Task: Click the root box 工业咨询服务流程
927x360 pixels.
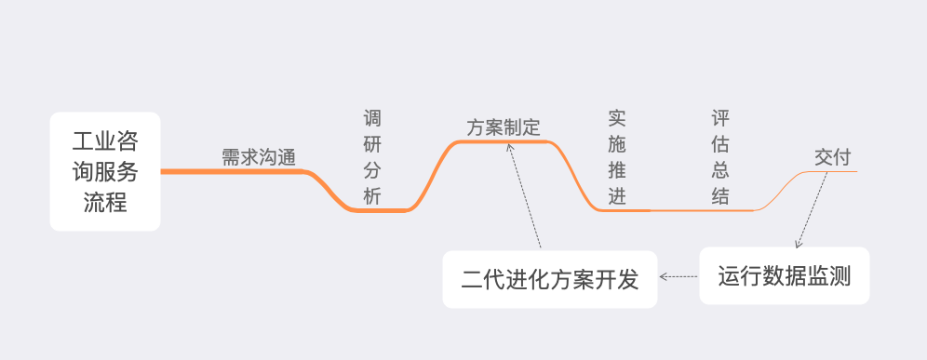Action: coord(105,171)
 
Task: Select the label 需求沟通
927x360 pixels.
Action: coord(258,157)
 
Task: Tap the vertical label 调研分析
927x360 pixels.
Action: coord(372,157)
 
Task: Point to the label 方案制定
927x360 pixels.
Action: coord(504,127)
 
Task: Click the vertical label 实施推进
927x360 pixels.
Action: coord(616,157)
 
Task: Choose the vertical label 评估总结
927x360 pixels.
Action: coord(719,157)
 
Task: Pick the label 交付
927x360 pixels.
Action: coord(832,157)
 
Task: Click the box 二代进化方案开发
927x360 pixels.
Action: coord(550,279)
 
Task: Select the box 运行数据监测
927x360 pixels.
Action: coord(784,276)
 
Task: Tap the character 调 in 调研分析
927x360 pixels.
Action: coord(372,119)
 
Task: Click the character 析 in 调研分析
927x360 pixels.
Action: coord(372,196)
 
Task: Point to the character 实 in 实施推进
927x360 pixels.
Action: coord(616,119)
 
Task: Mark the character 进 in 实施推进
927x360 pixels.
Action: coord(616,196)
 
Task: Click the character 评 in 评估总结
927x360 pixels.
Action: coord(719,119)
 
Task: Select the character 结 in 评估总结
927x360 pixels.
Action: coord(719,196)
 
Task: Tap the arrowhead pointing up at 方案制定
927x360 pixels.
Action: coord(511,147)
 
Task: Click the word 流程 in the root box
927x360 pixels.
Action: coord(105,200)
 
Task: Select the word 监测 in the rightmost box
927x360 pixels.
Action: coord(828,276)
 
